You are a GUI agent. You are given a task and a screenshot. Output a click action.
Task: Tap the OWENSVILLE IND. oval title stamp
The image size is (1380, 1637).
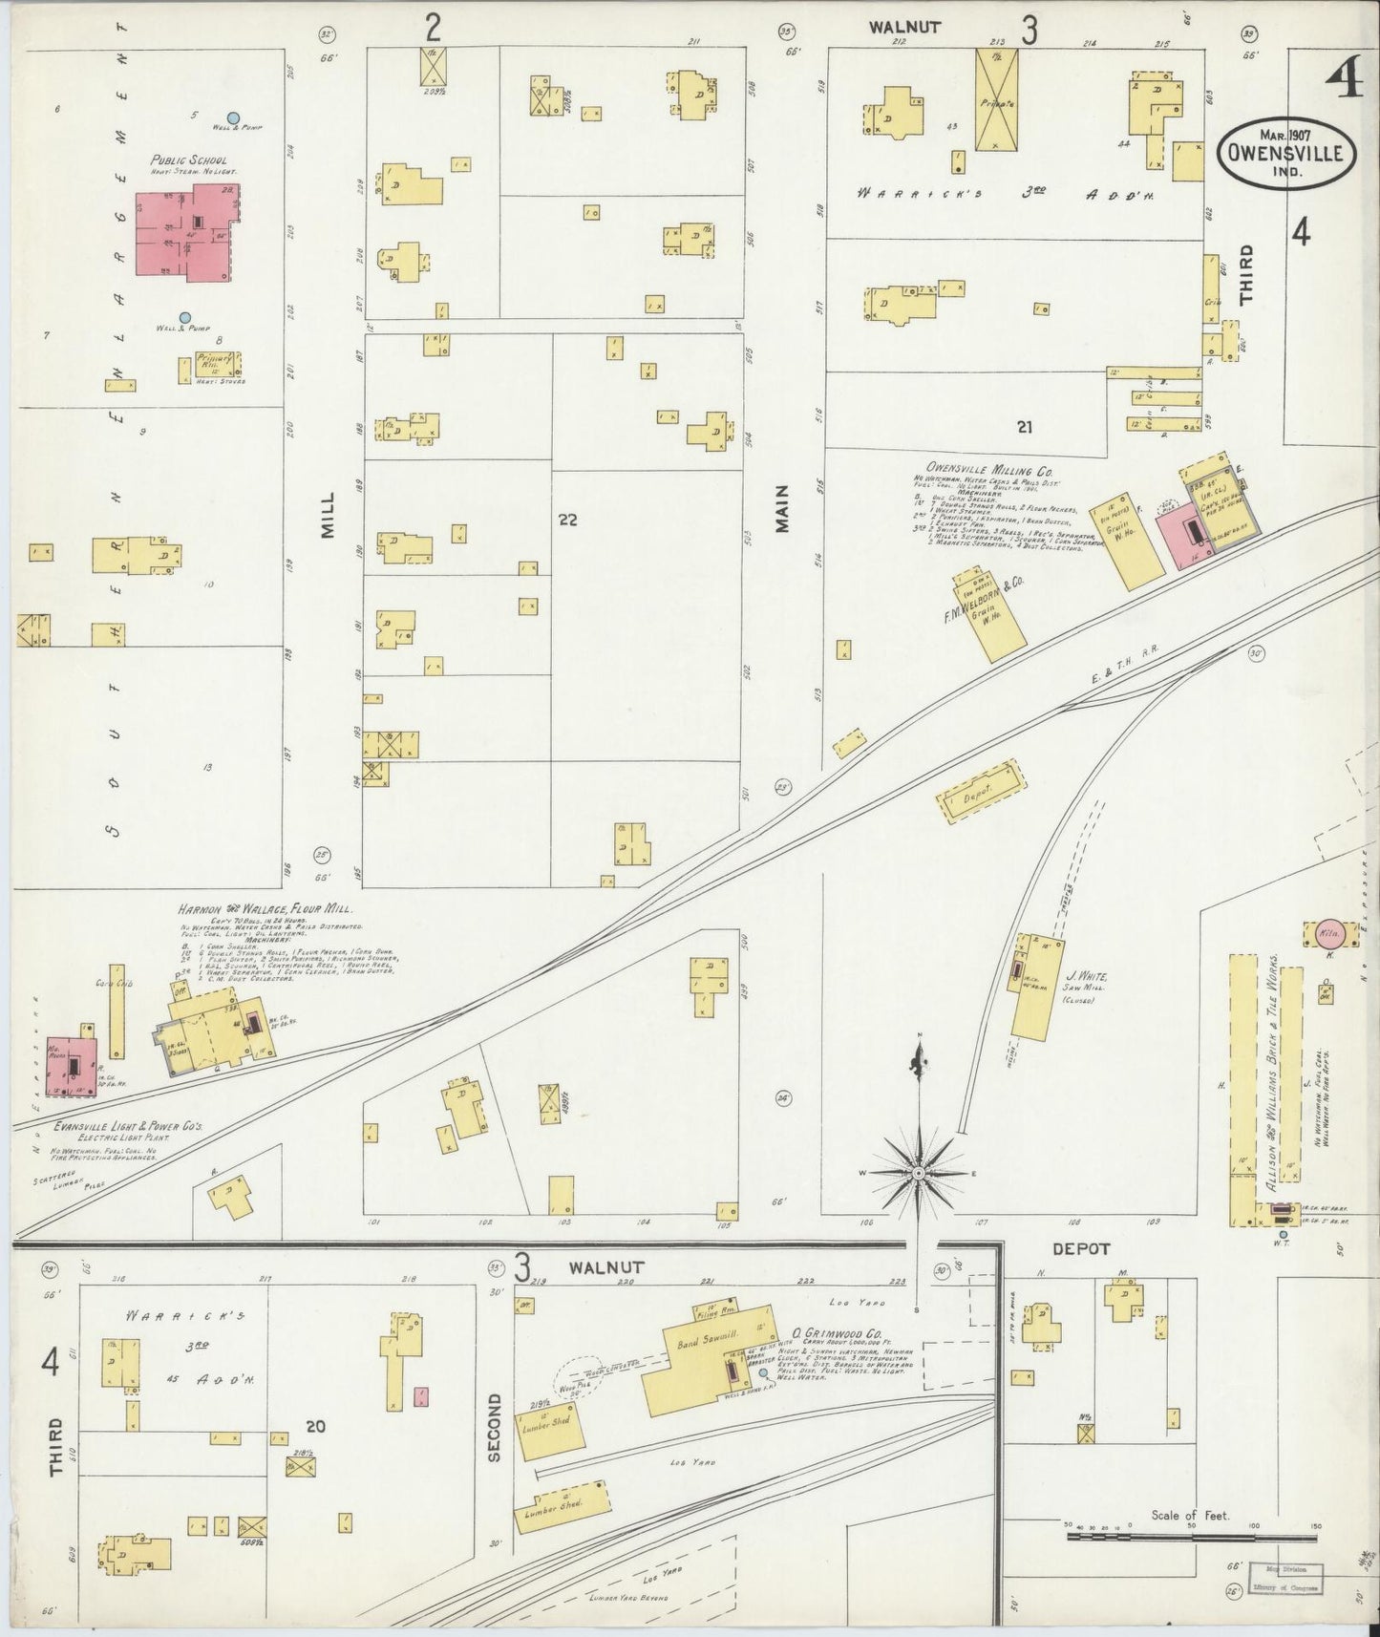pos(1280,153)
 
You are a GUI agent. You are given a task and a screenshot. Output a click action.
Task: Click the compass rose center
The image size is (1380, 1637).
pos(918,1172)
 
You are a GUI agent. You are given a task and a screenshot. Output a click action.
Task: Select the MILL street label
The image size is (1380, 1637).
pos(328,516)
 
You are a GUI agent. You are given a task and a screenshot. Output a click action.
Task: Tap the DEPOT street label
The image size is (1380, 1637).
pos(1080,1248)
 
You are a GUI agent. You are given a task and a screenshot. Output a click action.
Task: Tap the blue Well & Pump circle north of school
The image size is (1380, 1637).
pos(233,117)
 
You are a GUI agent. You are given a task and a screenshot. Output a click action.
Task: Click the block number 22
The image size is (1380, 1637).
pos(568,520)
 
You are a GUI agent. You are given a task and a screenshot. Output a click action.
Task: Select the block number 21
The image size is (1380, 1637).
pos(1025,427)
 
